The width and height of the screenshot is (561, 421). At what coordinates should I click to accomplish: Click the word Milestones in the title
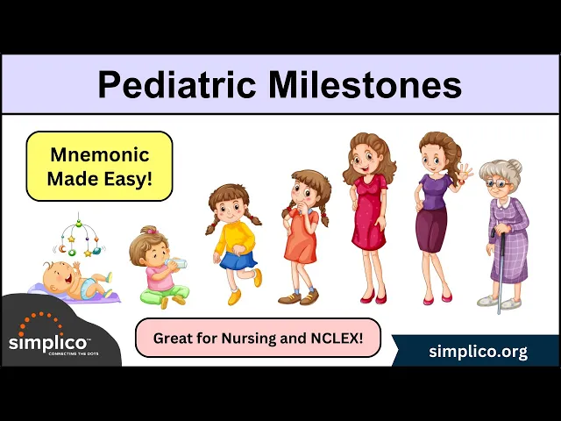coord(365,84)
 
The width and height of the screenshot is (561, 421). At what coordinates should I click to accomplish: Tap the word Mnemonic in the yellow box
coord(100,154)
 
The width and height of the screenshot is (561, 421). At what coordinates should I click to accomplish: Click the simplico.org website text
coord(478,352)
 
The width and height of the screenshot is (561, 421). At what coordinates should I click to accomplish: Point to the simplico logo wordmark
coord(47,343)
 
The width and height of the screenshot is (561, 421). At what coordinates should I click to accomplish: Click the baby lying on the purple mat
coord(77,279)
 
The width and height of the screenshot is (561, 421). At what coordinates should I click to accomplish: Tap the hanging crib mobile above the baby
coord(79,236)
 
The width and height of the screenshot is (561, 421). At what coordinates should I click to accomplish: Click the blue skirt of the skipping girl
coord(238,260)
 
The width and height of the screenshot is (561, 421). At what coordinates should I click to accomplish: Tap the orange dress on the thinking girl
coord(302,236)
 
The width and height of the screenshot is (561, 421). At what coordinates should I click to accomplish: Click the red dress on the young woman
coord(369,212)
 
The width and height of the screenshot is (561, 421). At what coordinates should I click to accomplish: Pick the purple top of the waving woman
coord(435,191)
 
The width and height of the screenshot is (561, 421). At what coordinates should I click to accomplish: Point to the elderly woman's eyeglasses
coord(499,184)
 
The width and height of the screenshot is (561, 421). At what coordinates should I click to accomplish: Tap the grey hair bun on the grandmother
coord(515,166)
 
